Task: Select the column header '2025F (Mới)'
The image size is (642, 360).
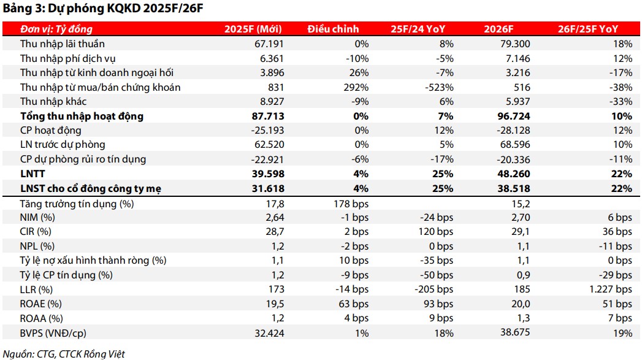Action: click(x=253, y=29)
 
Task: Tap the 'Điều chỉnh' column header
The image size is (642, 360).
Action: click(x=333, y=29)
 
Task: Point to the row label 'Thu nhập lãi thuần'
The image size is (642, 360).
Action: click(x=62, y=44)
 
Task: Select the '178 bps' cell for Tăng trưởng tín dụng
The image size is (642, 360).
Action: click(x=350, y=204)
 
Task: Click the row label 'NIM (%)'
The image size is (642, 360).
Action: click(x=37, y=218)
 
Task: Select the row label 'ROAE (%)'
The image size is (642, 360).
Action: click(x=40, y=304)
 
